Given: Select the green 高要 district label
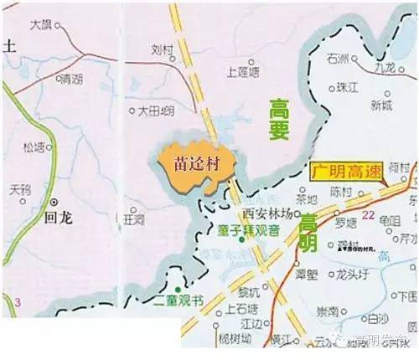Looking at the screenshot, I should point(281,119).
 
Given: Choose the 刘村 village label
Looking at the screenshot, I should point(162,49).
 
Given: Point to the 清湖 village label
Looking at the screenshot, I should point(70,80).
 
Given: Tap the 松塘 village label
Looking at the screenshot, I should point(37,147).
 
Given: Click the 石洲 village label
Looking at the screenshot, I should point(340,59).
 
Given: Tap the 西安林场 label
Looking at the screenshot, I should point(266,214).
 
